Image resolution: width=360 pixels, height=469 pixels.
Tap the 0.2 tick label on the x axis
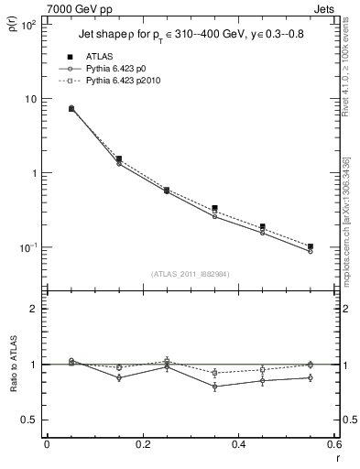142,443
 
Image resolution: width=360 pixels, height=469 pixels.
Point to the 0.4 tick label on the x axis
238,443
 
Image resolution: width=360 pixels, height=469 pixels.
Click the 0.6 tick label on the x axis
333,443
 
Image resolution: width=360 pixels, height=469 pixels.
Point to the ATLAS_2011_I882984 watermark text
190,274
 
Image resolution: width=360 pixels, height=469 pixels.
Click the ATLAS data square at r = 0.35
214,209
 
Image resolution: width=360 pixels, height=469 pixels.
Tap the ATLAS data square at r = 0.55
311,246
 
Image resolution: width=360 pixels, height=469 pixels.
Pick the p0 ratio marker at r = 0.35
214,387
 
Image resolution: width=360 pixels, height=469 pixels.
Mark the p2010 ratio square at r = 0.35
214,373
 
